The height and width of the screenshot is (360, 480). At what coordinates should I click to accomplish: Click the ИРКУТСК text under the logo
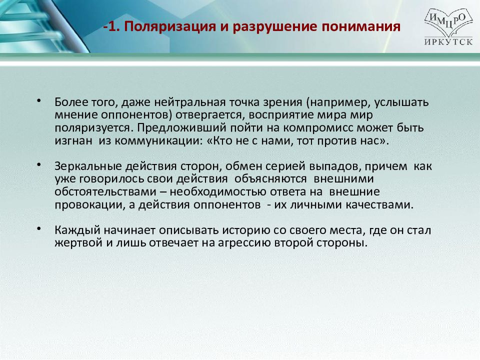(x=448, y=42)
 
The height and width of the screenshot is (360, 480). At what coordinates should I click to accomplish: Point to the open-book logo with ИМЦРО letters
(x=448, y=23)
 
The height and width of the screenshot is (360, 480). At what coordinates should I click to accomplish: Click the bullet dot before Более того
(x=38, y=100)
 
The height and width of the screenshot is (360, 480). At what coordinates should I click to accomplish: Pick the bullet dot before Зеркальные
(x=38, y=164)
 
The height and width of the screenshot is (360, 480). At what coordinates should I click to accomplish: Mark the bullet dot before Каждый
(x=38, y=228)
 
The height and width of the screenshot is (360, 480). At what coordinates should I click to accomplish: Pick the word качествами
(x=379, y=205)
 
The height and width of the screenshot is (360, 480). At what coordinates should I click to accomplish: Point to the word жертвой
(x=78, y=243)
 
